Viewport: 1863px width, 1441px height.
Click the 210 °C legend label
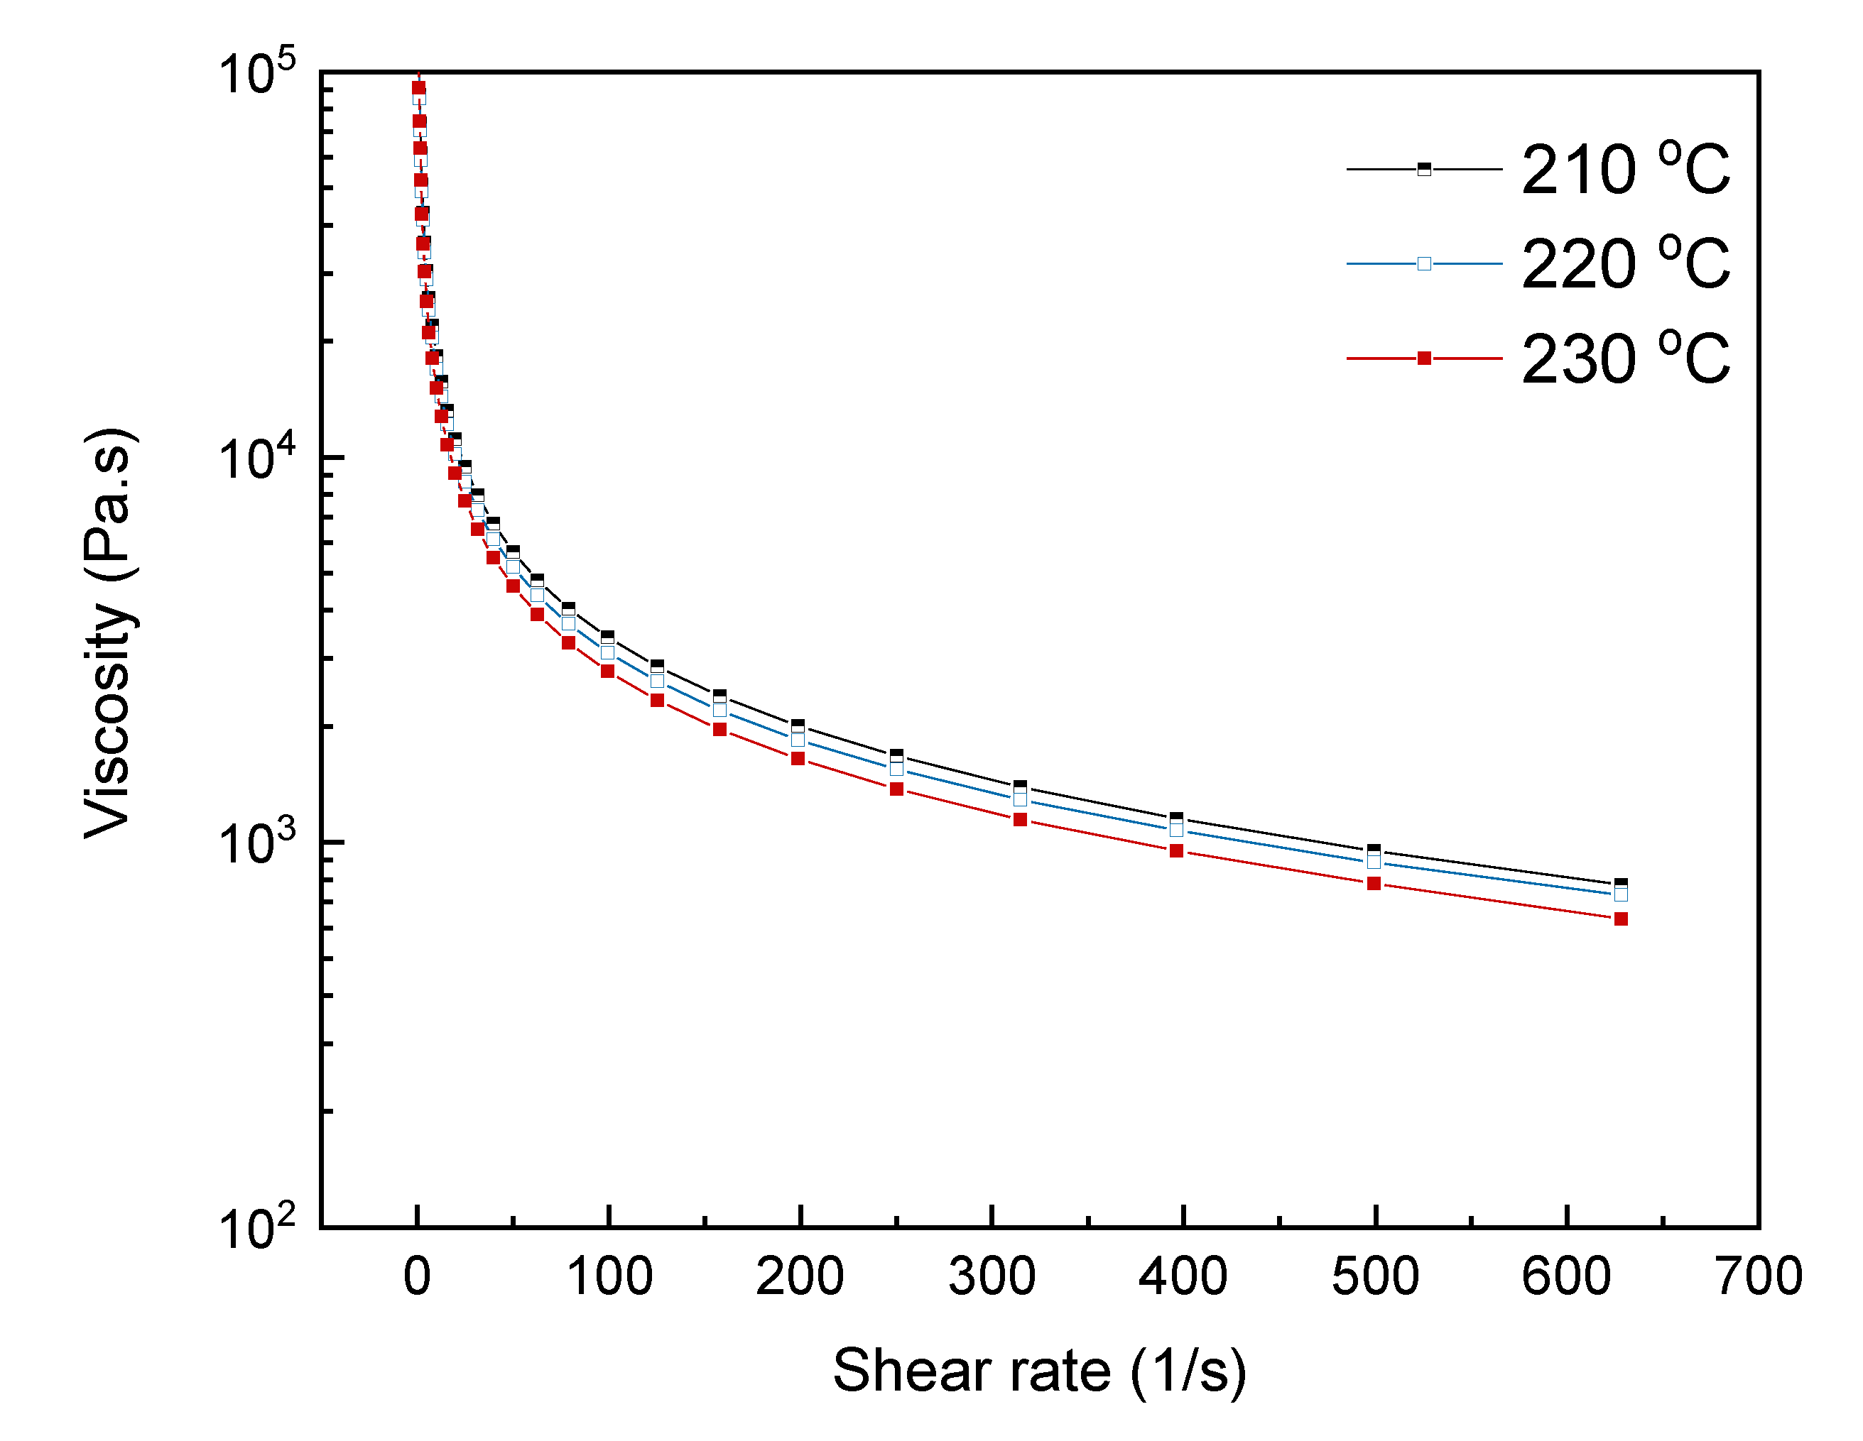click(1625, 170)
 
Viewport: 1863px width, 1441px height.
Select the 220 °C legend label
click(1625, 264)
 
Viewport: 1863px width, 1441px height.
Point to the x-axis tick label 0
click(417, 1276)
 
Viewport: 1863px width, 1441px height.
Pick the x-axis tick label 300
click(992, 1276)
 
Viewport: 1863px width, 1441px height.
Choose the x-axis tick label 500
click(1375, 1276)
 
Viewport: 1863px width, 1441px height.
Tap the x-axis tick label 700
click(1758, 1276)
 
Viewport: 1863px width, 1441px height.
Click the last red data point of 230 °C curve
click(1621, 919)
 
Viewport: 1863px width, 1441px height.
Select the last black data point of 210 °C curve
click(1621, 884)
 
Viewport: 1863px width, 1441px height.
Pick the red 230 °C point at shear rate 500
click(1374, 883)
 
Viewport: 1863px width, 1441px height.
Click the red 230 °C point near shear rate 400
click(1176, 851)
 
